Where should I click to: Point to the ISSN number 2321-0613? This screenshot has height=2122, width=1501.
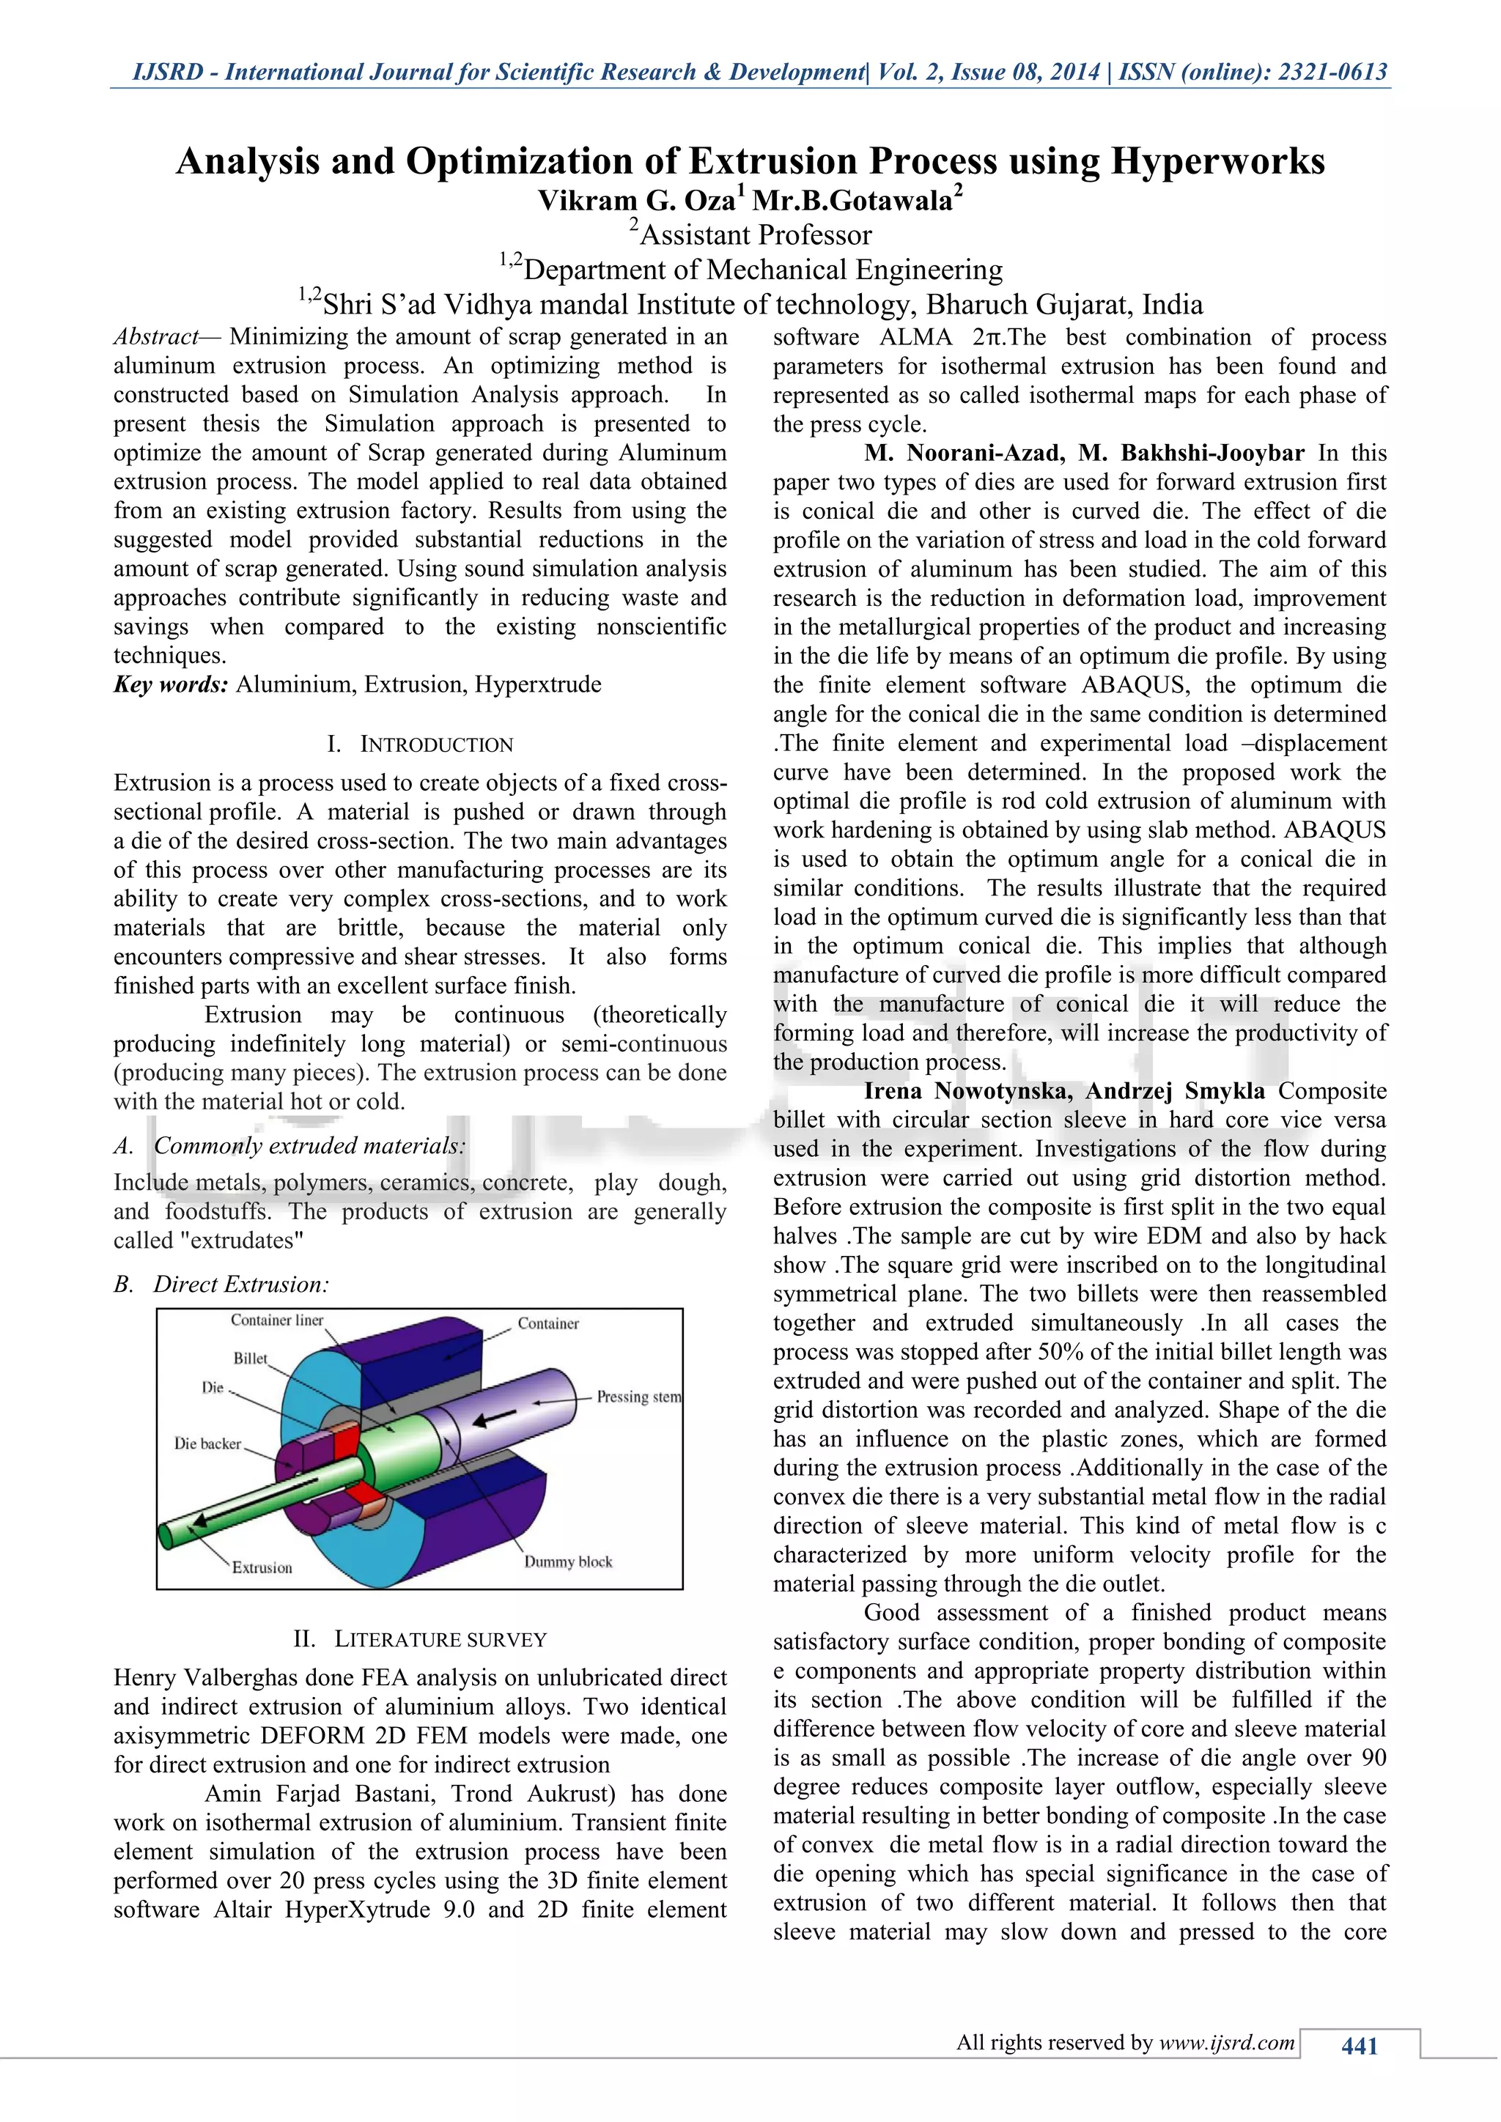[1332, 72]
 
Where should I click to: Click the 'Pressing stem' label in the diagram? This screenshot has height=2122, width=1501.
[638, 1397]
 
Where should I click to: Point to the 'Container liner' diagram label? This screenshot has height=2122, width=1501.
[277, 1320]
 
